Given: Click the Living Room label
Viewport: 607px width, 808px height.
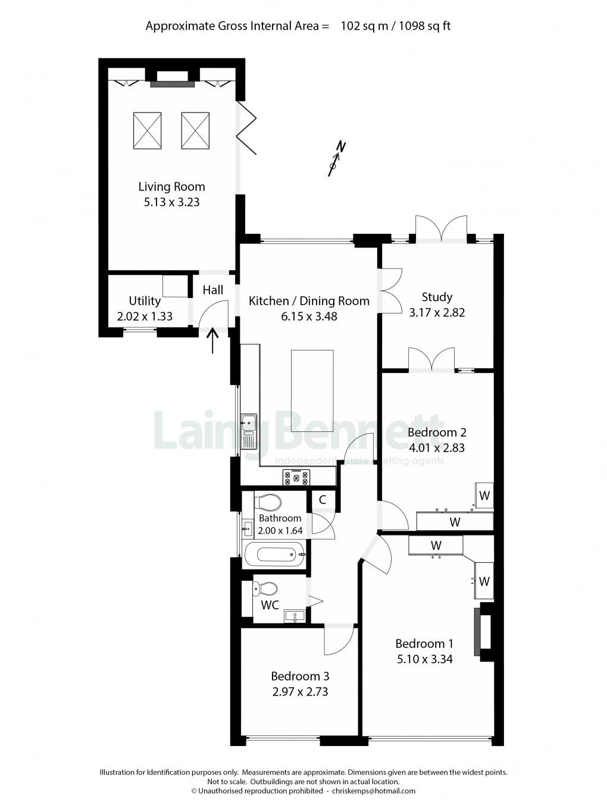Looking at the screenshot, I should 171,186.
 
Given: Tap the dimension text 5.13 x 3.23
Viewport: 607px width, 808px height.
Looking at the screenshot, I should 171,202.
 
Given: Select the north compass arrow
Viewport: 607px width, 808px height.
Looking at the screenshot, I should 337,157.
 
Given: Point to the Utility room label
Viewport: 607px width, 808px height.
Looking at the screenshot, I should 145,300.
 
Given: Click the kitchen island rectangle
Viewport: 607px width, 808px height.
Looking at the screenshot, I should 312,391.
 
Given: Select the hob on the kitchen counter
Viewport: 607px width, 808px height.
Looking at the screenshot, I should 296,477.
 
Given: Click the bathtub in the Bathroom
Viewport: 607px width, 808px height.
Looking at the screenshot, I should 275,556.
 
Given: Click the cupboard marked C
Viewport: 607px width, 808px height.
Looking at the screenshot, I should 322,500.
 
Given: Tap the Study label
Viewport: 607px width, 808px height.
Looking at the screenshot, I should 437,297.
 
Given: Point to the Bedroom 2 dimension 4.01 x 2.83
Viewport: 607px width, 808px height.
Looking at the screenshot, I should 437,448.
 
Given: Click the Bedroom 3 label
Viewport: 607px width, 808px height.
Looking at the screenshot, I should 300,676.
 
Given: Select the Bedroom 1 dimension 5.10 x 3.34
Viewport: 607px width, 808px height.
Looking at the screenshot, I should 424,659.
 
